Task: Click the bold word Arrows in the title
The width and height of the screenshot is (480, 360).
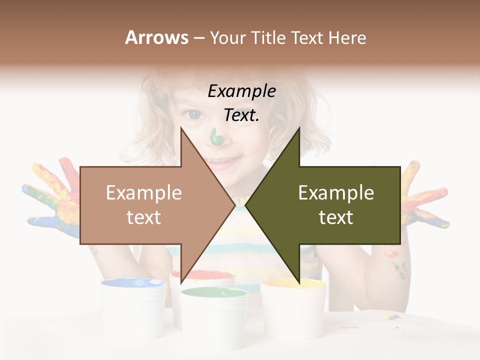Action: click(156, 37)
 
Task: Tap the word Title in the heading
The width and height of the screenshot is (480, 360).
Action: click(268, 38)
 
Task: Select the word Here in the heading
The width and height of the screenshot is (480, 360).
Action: click(347, 38)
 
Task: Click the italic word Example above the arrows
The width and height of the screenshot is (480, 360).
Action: click(241, 91)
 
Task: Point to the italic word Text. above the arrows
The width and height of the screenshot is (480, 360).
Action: click(241, 115)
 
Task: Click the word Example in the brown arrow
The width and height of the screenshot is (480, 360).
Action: click(143, 193)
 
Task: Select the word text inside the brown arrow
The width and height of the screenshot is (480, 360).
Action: click(143, 217)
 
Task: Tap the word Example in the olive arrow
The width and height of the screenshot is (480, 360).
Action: click(336, 193)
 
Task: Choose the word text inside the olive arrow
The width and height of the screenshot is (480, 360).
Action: click(336, 217)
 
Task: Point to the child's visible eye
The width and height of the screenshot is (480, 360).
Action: click(192, 115)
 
